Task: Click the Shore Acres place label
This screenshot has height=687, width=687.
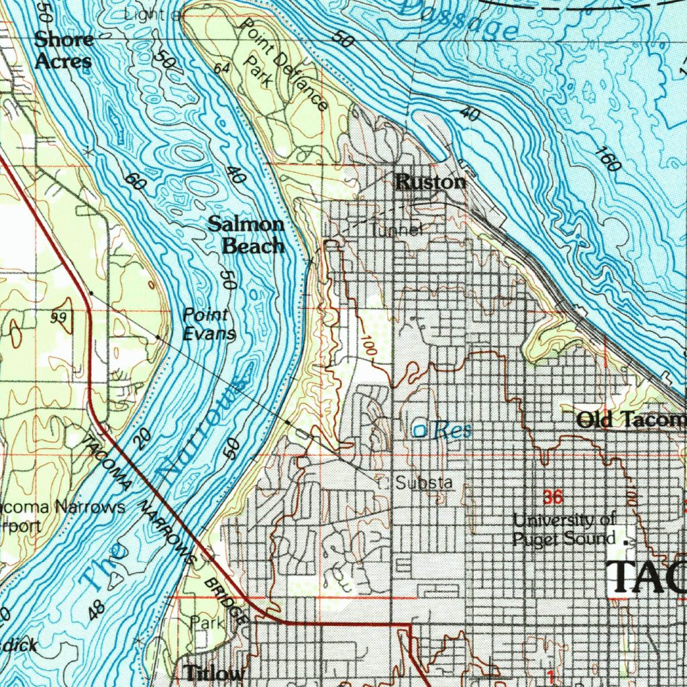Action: (63, 50)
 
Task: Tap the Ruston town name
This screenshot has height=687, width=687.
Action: (430, 182)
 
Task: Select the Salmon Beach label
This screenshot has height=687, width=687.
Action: (246, 235)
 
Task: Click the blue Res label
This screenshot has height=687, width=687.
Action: (452, 431)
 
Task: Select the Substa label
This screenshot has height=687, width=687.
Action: (423, 482)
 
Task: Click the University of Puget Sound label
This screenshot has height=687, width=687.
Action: (564, 529)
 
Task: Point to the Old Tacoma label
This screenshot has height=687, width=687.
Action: (631, 420)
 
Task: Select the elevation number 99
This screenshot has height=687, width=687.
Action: (59, 317)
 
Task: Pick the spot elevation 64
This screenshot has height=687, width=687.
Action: (221, 69)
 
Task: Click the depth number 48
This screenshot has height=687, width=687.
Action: (97, 609)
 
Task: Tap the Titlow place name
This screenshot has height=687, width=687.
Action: (214, 672)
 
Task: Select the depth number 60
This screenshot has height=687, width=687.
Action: (134, 180)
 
